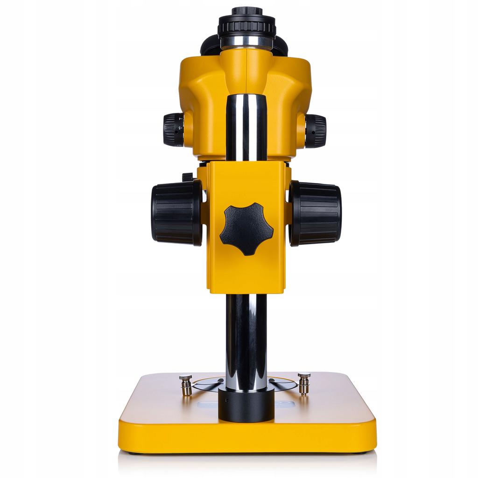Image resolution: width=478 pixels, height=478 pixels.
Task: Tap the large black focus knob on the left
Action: coord(176,212)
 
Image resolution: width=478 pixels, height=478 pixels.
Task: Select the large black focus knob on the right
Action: coord(316,213)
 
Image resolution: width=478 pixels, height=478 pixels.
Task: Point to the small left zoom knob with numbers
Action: coord(174,129)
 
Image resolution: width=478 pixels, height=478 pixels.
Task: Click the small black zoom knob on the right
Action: coord(316,131)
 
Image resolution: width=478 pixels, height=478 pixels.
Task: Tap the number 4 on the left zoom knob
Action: coord(181,119)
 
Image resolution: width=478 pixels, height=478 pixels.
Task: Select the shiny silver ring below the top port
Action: coord(246,42)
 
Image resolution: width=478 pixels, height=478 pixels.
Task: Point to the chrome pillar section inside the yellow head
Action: coord(246,126)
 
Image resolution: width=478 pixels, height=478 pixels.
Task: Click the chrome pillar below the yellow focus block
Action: coord(246,341)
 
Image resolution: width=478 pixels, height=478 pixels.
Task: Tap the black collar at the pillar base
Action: coord(246,404)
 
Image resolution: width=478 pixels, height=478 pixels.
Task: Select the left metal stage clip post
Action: coord(186,385)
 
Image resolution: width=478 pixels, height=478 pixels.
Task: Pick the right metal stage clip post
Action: coord(304,383)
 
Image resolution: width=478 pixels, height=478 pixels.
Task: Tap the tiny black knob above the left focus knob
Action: coord(187,177)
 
